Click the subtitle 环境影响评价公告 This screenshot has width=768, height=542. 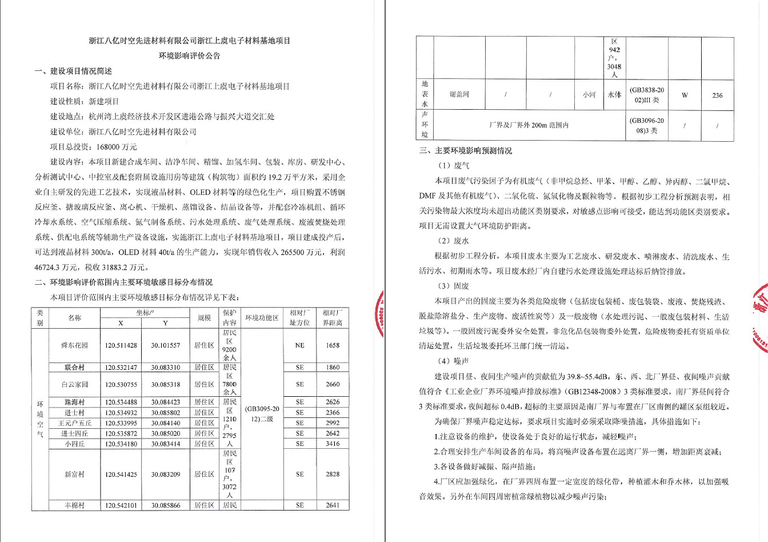coord(189,56)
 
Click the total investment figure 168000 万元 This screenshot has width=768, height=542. coord(117,147)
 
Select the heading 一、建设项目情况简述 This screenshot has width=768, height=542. coord(73,71)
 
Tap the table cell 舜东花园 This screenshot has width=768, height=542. coord(75,345)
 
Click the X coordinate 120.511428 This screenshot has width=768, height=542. coord(121,345)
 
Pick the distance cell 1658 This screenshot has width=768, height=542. coord(333,345)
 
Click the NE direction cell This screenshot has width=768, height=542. coord(299,345)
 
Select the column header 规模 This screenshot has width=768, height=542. coord(204,318)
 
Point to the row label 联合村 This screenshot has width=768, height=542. coord(75,368)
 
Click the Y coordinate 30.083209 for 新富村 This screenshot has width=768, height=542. coord(165,475)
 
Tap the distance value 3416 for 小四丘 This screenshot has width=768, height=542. coord(333,444)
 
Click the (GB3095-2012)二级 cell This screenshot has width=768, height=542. coord(262,414)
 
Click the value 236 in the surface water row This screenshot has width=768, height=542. coord(717,95)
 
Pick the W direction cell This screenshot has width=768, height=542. coord(684,95)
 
